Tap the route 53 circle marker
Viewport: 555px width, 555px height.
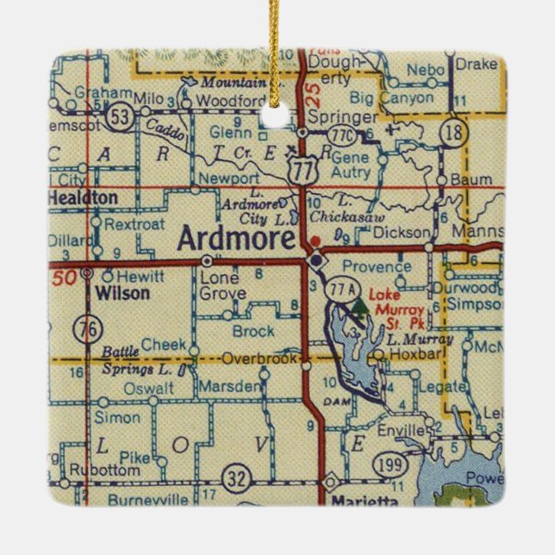[126, 117]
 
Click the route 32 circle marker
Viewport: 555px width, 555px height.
[235, 477]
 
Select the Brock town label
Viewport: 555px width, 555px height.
[253, 331]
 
